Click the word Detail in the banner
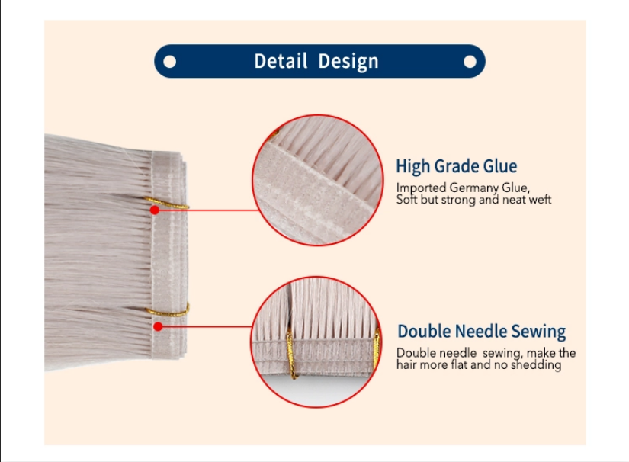coord(281,61)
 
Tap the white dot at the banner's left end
coord(170,62)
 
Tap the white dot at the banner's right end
coord(470,62)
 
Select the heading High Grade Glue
coord(457,166)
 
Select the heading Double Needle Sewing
coord(481,332)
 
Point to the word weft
coord(541,199)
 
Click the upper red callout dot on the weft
coord(155,210)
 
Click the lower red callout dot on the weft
coord(158,327)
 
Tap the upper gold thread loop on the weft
coord(166,203)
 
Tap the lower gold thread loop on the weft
coord(168,311)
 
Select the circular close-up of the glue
coord(317,180)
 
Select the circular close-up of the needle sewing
coord(316,342)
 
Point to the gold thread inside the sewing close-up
coord(290,354)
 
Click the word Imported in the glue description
coord(421,188)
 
